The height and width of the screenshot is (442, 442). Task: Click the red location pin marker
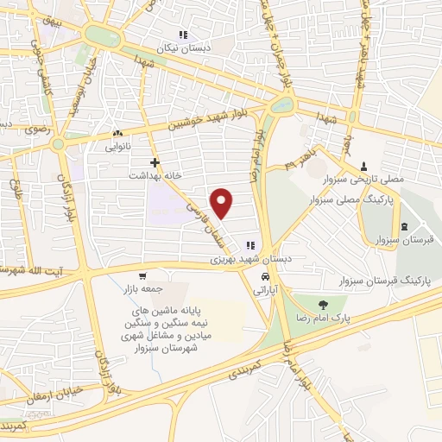click(223, 204)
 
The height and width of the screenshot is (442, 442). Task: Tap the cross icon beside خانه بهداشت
click(155, 162)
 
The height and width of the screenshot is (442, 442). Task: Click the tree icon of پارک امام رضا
click(323, 304)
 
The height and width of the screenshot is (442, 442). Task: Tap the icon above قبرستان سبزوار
click(406, 227)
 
